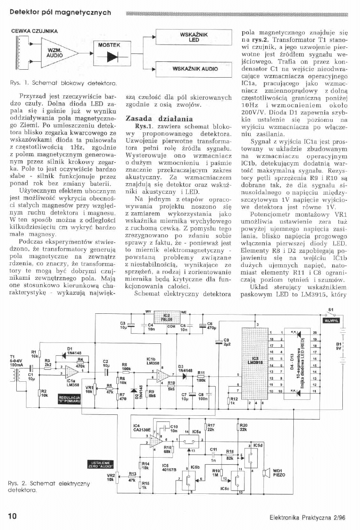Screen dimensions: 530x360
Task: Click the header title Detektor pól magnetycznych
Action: tap(57, 13)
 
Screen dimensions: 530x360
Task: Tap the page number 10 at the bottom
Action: tap(12, 516)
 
